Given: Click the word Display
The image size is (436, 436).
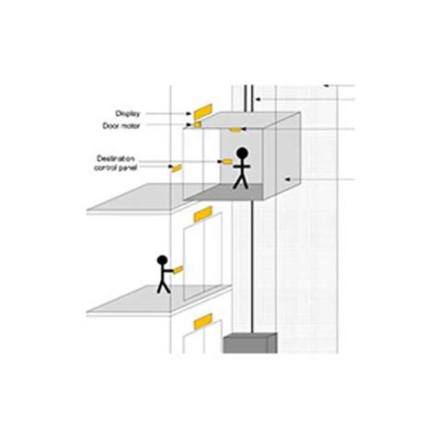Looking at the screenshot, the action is click(128, 114).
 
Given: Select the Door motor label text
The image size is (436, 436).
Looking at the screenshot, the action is click(121, 126).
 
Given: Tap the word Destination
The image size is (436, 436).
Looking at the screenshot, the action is click(116, 159).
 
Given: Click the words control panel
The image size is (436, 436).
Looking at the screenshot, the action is click(115, 167).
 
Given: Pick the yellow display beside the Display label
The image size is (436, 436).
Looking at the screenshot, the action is click(202, 111).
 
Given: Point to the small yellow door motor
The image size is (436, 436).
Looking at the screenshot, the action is click(197, 124).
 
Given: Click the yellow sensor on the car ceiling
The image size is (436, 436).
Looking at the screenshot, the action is click(235, 130).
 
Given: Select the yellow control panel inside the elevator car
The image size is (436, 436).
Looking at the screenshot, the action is click(227, 162).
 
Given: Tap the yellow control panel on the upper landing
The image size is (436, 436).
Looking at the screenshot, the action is click(177, 168).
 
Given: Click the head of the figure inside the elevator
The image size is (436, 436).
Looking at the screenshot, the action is click(242, 153).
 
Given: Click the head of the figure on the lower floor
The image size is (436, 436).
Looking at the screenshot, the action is click(162, 260).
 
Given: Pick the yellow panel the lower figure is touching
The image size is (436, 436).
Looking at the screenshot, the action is click(178, 270).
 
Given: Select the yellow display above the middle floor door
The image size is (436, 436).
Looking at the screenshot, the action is click(203, 214).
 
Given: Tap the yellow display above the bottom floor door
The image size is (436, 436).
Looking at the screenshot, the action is click(203, 321).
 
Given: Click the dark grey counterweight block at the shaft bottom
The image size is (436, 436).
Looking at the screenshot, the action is click(250, 343).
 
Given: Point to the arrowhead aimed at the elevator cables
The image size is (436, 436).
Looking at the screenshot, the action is click(258, 99).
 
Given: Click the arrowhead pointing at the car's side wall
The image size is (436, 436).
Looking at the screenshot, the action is click(288, 179).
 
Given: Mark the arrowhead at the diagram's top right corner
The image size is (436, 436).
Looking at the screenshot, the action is click(327, 86).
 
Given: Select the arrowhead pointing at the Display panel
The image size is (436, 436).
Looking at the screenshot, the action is click(189, 114).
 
